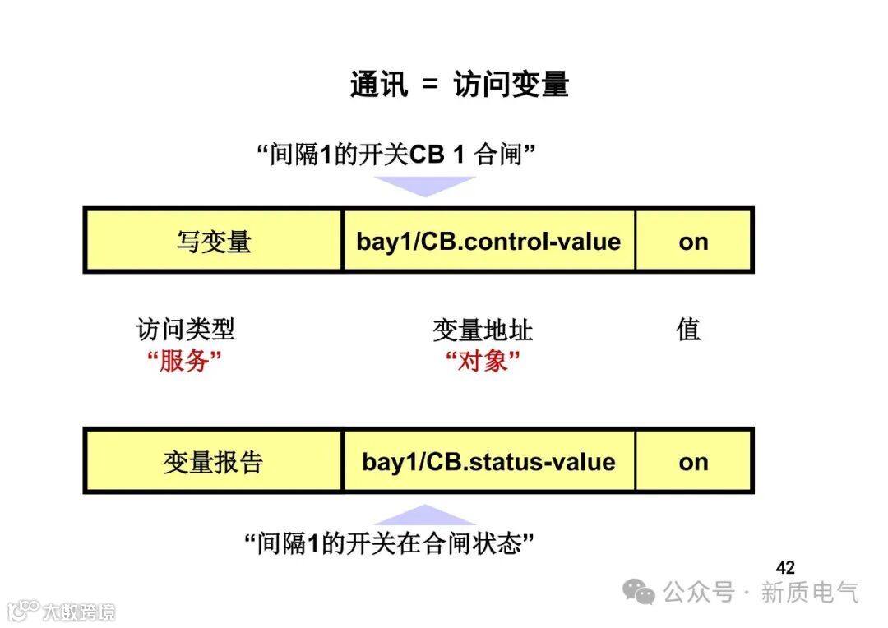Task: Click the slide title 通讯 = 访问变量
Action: (x=459, y=85)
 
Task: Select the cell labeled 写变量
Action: (x=213, y=241)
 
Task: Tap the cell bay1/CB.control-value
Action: (x=488, y=241)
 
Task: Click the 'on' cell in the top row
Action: (x=693, y=241)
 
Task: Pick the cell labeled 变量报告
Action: (x=213, y=462)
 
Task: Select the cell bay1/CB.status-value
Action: (x=488, y=462)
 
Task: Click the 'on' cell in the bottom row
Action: (x=693, y=462)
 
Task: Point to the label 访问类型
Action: (x=185, y=330)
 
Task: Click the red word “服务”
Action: (x=185, y=360)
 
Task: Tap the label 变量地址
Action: (x=483, y=330)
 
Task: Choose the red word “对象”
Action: (x=483, y=360)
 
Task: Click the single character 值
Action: (x=688, y=330)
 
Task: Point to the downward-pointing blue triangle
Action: (x=425, y=186)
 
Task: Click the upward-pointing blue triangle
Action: (x=425, y=516)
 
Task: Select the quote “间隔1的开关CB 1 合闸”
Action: (x=397, y=154)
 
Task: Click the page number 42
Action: (x=785, y=567)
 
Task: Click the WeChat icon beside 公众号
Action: (x=639, y=591)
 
